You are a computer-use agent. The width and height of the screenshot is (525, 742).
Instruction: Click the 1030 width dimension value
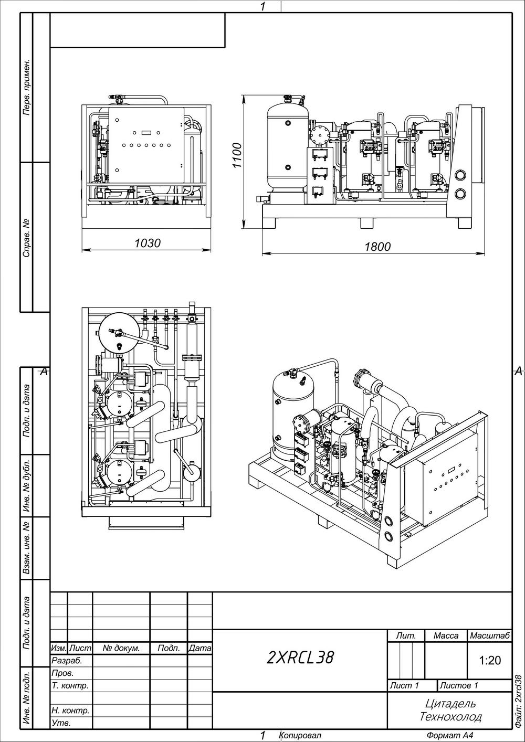point(147,243)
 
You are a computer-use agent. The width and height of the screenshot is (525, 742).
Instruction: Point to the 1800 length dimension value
point(377,247)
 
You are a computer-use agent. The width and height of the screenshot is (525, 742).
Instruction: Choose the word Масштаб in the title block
point(489,636)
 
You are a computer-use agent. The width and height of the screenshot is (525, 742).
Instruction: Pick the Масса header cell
point(446,636)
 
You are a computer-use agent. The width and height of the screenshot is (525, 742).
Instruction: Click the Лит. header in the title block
point(406,636)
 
